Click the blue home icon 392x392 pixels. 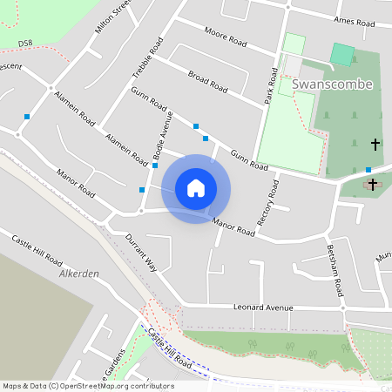tap(196, 188)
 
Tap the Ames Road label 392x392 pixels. tap(353, 19)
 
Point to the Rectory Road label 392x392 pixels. tap(267, 206)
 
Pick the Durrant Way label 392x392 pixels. tap(139, 253)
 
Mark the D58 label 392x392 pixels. tap(24, 43)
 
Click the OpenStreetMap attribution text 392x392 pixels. tap(87, 386)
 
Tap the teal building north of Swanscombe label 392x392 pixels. tap(343, 54)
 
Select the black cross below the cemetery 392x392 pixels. tap(373, 184)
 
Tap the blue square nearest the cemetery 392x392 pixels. tap(368, 170)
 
